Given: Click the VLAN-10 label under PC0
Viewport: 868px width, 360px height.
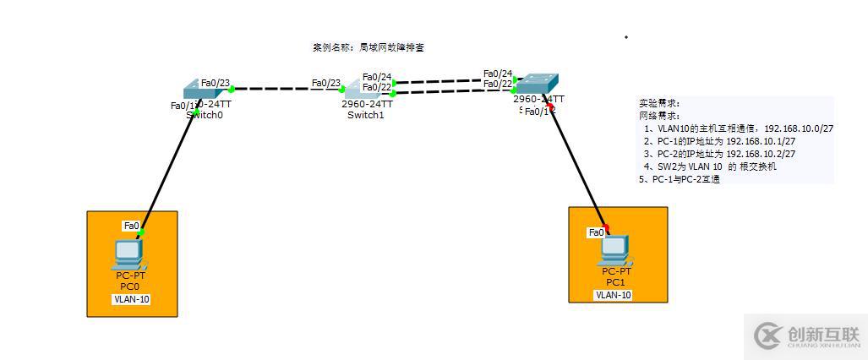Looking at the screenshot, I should (x=131, y=299).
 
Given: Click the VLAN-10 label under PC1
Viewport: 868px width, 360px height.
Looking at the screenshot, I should (x=614, y=295).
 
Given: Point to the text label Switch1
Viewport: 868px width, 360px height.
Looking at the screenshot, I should (x=366, y=115).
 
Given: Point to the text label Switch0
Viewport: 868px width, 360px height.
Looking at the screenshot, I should (x=205, y=115).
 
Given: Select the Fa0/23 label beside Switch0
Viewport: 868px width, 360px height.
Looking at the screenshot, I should (x=216, y=83).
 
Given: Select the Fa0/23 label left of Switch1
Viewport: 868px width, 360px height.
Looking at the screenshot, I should (x=325, y=83).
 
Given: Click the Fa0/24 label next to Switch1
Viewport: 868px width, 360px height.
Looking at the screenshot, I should (x=377, y=77).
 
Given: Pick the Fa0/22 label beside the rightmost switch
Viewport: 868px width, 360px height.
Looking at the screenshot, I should (x=498, y=84).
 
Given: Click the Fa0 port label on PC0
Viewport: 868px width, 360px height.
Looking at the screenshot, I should (x=131, y=226).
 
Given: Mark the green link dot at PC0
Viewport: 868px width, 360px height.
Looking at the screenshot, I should (x=142, y=231).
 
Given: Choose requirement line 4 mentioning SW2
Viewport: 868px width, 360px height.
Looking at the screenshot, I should (x=710, y=166).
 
